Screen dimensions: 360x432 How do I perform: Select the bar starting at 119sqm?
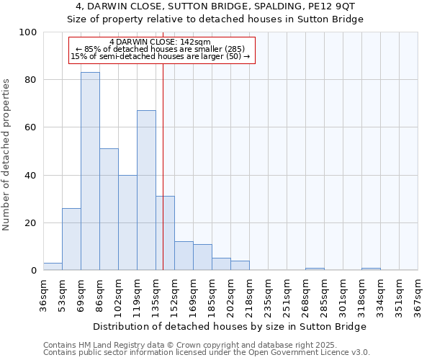[x=146, y=190]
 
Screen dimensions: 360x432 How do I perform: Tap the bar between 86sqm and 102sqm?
[x=109, y=210]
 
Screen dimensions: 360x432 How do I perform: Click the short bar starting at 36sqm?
[x=53, y=266]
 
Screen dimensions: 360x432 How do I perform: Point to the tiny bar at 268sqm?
[x=315, y=269]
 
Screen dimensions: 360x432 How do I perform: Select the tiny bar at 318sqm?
[x=371, y=269]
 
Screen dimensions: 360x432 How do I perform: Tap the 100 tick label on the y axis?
[x=28, y=32]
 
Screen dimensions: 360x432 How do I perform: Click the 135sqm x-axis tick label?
[x=156, y=297]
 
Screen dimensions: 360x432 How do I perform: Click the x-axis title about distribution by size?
[x=230, y=326]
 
